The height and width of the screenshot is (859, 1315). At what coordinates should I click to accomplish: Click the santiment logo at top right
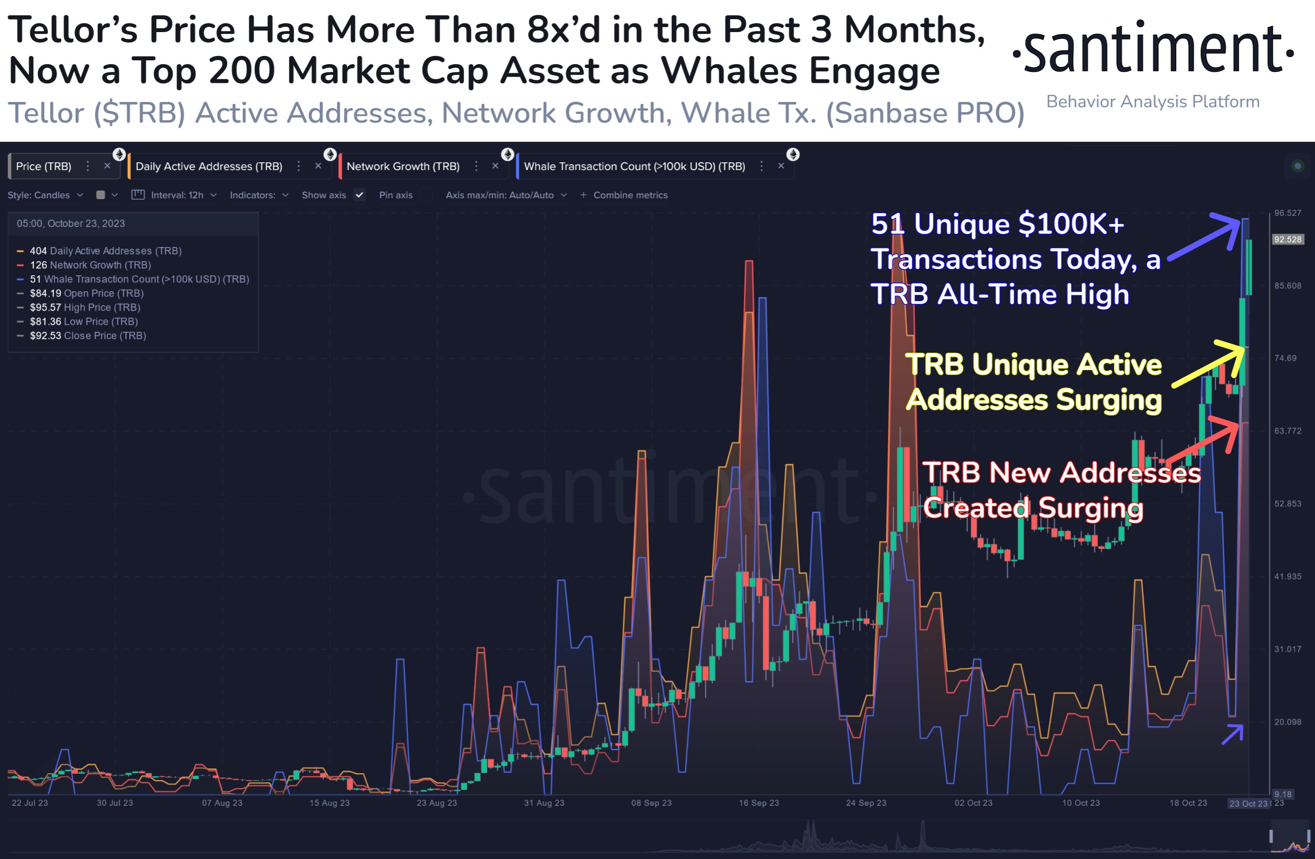point(1153,50)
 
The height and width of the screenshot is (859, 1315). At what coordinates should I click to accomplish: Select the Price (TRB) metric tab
point(44,166)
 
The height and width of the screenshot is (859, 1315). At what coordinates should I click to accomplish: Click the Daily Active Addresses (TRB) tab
point(208,166)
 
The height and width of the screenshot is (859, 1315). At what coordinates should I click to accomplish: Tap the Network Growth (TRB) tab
point(403,166)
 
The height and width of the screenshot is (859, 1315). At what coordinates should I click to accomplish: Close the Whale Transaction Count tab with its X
point(781,166)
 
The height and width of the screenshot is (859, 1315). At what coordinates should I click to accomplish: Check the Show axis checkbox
point(359,195)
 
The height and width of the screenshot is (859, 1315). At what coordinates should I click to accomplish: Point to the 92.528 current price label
point(1288,239)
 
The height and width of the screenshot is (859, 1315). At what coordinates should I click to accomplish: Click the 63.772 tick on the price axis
point(1288,431)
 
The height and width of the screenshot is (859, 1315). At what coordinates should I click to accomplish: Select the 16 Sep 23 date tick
point(759,802)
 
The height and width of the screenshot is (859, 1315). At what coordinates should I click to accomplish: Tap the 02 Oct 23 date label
point(973,802)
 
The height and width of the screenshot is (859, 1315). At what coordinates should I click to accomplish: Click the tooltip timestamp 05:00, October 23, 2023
point(71,224)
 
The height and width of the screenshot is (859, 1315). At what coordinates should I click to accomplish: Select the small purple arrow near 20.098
point(1233,735)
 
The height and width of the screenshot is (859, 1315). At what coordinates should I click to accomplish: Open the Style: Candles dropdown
point(45,195)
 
